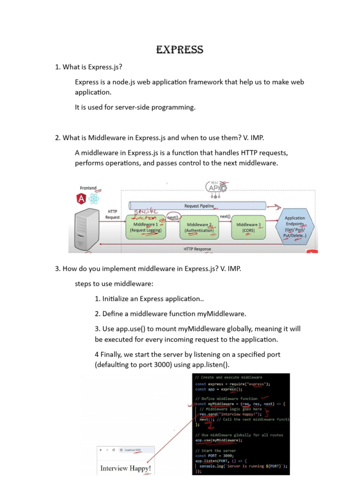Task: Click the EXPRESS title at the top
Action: tap(180, 50)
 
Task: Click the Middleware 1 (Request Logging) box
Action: tap(146, 227)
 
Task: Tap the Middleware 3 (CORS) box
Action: tap(248, 227)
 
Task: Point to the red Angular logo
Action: tap(81, 199)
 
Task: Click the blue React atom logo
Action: tap(94, 199)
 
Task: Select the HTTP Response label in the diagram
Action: tap(197, 249)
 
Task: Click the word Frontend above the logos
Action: tap(88, 188)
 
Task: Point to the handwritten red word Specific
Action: tap(147, 212)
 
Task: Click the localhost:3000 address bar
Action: tap(131, 450)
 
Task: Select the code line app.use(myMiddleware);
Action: tap(218, 440)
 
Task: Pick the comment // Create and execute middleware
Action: tap(229, 377)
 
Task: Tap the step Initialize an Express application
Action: tap(149, 299)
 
